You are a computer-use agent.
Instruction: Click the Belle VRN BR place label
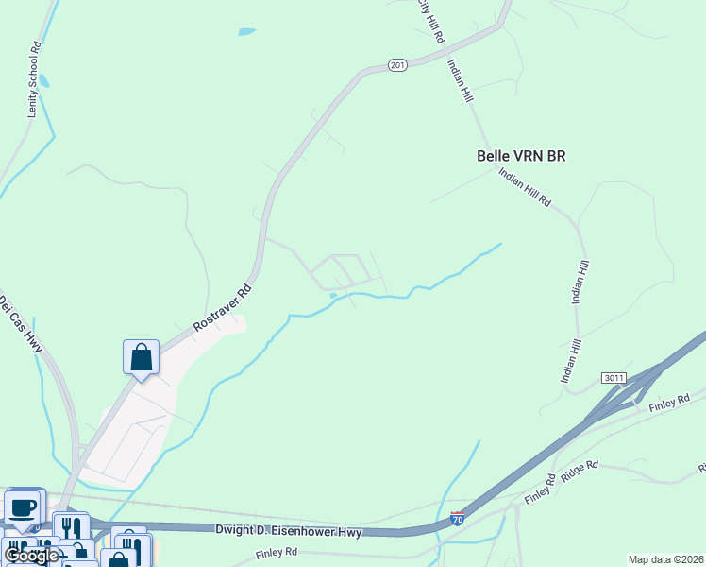click(x=521, y=156)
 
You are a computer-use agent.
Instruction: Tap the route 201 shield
click(x=397, y=65)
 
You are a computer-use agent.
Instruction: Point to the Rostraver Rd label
click(x=224, y=307)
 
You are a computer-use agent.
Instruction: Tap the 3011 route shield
click(x=614, y=378)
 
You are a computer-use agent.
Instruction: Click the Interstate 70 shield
click(x=458, y=519)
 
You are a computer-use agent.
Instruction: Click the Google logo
click(x=31, y=556)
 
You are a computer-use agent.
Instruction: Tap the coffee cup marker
click(x=24, y=507)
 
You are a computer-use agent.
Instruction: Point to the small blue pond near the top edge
click(x=246, y=31)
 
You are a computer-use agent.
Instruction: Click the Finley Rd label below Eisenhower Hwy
click(x=277, y=551)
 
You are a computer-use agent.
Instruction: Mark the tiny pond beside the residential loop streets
click(x=332, y=296)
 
